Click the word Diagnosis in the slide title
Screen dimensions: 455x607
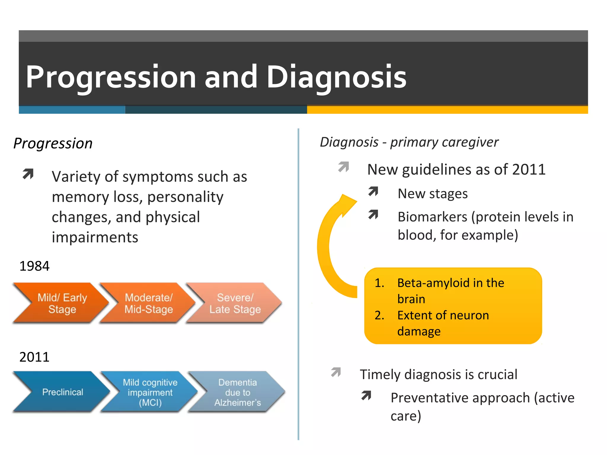tap(336, 77)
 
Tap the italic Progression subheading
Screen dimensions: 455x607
tap(53, 143)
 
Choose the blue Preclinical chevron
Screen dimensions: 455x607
tap(63, 392)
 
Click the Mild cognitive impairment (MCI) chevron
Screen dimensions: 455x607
tap(150, 392)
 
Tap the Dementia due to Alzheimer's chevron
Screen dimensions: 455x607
tap(237, 392)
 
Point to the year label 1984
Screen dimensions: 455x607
tap(34, 266)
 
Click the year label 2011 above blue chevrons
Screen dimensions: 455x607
tap(34, 357)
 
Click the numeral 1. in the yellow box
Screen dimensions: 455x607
tap(379, 283)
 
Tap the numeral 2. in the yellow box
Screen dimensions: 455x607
tap(379, 315)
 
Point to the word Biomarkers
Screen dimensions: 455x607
tap(432, 217)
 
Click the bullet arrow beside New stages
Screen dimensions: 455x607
tap(373, 192)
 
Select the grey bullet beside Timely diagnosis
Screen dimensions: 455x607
tap(336, 372)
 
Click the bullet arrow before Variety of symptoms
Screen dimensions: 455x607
tap(28, 174)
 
